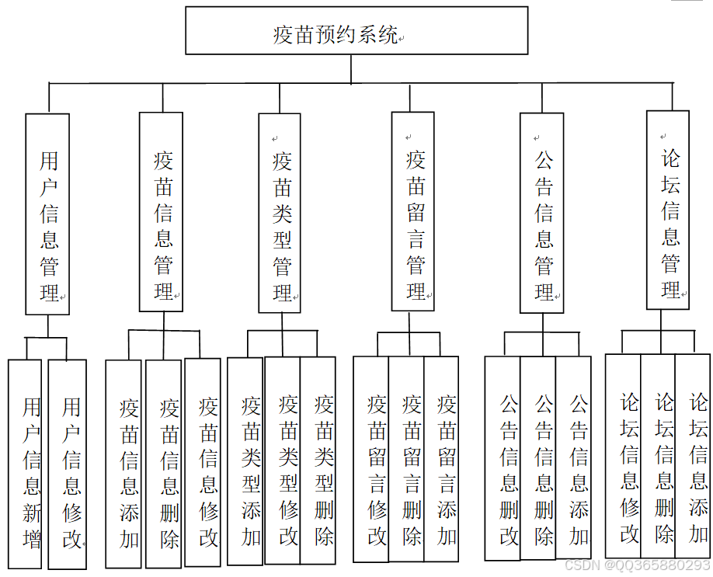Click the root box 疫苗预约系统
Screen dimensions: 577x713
[x=356, y=31]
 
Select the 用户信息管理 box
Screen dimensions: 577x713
[x=47, y=214]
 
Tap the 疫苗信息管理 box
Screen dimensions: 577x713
[x=162, y=211]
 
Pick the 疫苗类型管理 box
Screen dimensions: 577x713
[x=280, y=213]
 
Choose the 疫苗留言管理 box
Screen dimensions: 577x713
[x=412, y=211]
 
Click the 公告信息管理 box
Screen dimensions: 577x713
[x=542, y=213]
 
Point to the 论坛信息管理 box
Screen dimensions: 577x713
[x=668, y=210]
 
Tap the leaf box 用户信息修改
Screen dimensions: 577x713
[x=68, y=464]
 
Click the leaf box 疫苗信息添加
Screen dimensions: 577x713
[x=123, y=464]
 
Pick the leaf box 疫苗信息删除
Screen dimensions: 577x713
[x=164, y=464]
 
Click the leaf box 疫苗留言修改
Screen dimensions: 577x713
[x=371, y=459]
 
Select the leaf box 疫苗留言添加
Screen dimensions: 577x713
[x=442, y=459]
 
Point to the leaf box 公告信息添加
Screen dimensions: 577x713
[x=574, y=458]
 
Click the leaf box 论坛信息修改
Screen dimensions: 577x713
[x=623, y=456]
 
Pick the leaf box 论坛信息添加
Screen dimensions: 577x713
[x=693, y=456]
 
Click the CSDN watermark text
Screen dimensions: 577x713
[x=636, y=566]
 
